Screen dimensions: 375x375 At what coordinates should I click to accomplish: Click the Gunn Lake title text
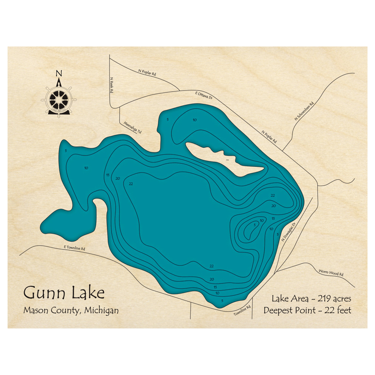point(64,292)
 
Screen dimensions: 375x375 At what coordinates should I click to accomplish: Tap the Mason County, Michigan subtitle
point(70,310)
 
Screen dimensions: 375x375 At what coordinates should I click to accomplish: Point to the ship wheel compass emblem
point(58,99)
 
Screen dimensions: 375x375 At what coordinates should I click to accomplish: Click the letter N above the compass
point(58,73)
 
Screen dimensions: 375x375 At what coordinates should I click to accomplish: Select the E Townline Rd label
point(75,248)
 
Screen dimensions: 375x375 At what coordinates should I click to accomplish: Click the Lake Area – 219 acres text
point(311,299)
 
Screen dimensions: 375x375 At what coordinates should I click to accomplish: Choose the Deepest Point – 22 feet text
point(307,311)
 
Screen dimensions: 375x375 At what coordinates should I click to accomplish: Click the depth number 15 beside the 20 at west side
point(108,175)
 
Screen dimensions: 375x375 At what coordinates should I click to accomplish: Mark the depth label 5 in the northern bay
point(168,120)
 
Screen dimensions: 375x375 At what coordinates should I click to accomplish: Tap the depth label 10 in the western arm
point(86,168)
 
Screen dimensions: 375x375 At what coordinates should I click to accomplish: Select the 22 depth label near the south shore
point(211,266)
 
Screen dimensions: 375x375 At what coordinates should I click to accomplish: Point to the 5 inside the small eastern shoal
point(255,225)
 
